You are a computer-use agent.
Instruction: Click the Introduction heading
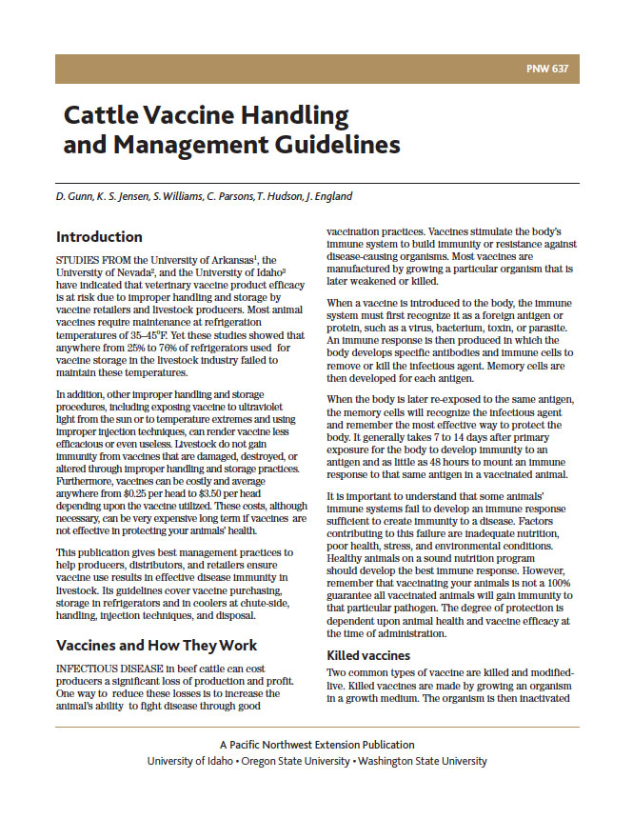tap(99, 237)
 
